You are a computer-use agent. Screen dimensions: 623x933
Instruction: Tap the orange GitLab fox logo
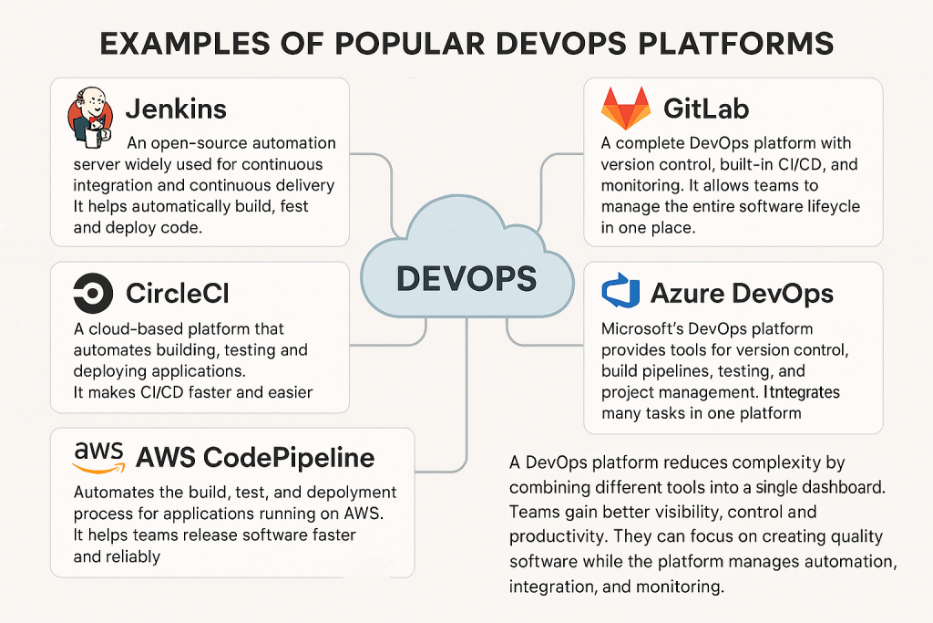[x=626, y=109]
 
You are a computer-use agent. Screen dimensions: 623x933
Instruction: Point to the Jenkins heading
[x=176, y=109]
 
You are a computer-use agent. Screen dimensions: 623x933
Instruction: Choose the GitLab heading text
[x=706, y=109]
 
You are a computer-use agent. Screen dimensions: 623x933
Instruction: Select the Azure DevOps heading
[x=742, y=294]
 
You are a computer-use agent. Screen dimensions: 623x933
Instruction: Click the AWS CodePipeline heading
[x=255, y=456]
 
